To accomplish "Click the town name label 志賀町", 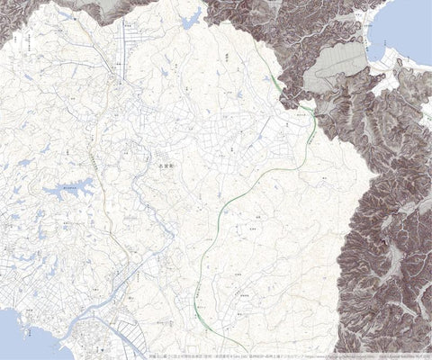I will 164,166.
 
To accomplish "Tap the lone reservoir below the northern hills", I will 192,19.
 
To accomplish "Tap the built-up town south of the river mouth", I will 90,342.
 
